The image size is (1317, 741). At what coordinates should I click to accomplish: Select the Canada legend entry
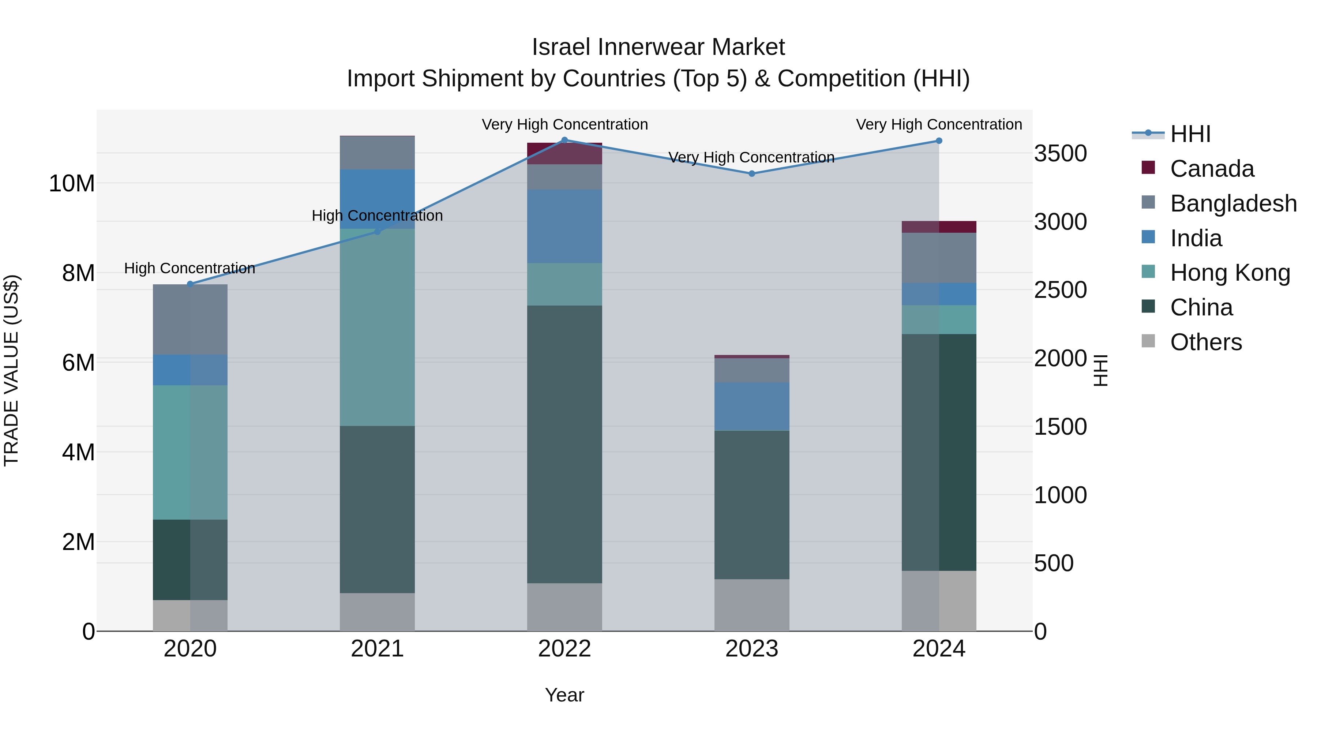point(1211,169)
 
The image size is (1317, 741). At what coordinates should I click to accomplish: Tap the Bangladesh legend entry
point(1232,203)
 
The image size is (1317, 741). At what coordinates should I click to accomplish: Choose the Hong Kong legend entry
point(1230,273)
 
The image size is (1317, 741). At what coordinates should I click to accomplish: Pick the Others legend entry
point(1205,342)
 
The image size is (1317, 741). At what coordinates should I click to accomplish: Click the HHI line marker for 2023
point(751,174)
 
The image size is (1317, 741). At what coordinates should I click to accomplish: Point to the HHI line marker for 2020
point(190,284)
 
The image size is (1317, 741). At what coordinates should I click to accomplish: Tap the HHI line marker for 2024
point(939,141)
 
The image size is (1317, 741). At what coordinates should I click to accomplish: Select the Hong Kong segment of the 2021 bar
point(377,327)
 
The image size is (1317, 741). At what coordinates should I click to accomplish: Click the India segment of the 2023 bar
point(751,407)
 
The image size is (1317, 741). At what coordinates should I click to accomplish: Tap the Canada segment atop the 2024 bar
point(939,227)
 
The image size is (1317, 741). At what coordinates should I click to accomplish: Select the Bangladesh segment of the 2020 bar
point(190,319)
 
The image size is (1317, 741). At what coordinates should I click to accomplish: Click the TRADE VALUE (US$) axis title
point(11,370)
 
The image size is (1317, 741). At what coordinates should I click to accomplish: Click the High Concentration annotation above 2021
point(377,216)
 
